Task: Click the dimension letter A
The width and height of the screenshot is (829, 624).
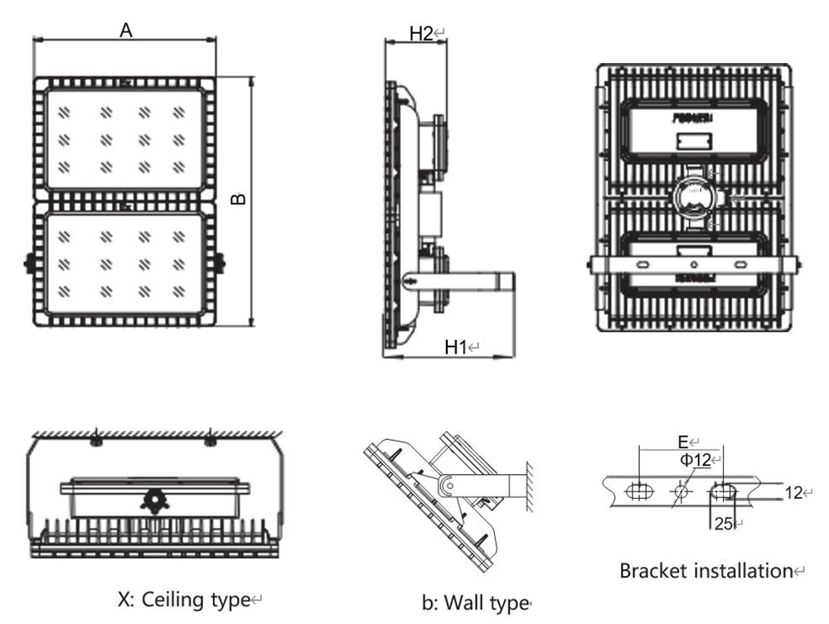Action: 126,31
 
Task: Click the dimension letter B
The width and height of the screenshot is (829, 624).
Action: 237,200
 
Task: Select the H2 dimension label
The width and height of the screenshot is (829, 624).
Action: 422,34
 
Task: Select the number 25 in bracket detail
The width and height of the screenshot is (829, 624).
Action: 721,523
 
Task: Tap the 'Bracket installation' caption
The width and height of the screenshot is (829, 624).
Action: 706,570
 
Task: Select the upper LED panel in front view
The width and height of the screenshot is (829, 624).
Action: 124,139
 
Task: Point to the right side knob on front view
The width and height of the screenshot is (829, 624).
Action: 219,262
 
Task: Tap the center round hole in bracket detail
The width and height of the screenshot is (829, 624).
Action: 681,491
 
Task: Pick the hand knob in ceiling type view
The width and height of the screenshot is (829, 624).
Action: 153,501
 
